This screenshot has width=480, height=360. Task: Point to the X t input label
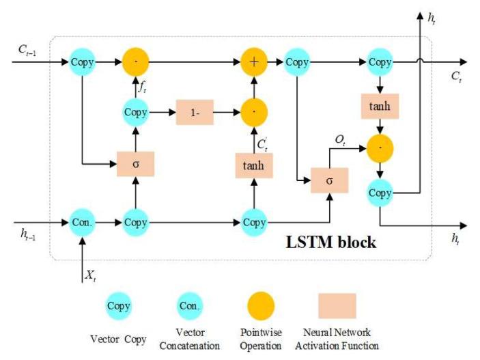(91, 275)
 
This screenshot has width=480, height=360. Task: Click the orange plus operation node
(253, 61)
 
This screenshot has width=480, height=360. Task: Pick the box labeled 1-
(195, 112)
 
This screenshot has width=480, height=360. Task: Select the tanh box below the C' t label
(254, 165)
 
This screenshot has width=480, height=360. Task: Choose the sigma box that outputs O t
(330, 180)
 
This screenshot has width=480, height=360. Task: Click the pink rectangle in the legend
(337, 306)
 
